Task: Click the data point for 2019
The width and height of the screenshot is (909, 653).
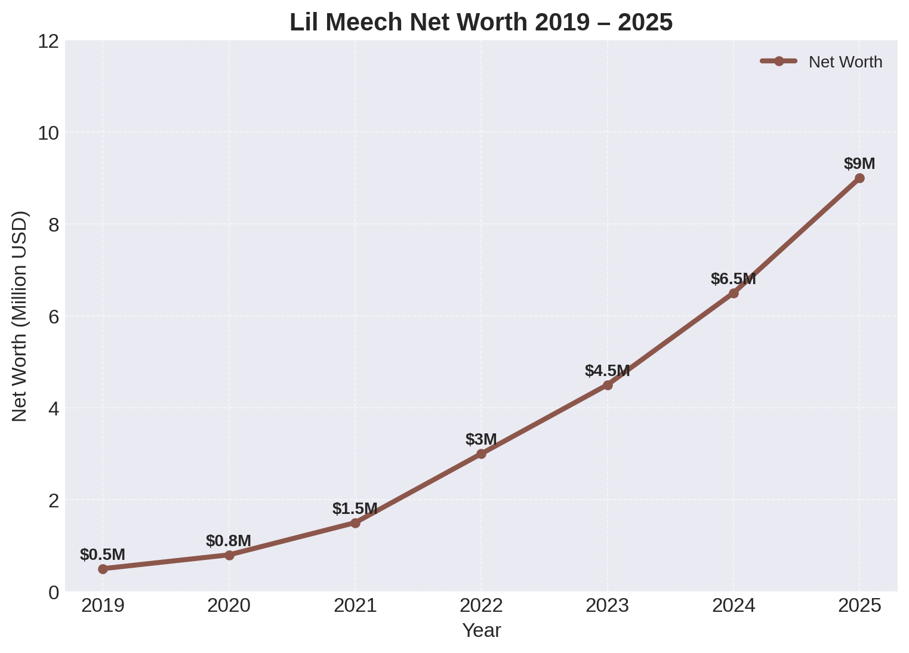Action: point(103,569)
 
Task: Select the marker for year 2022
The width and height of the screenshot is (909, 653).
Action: point(481,454)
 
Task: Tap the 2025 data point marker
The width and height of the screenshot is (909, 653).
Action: point(859,178)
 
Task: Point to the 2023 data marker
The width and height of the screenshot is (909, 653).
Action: point(608,385)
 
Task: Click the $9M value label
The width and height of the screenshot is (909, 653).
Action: point(859,164)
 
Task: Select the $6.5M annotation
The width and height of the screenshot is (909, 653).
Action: point(733,279)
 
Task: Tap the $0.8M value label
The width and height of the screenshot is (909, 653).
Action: point(229,541)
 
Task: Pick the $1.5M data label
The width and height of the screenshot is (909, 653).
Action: point(355,509)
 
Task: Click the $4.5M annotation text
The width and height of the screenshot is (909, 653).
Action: point(608,371)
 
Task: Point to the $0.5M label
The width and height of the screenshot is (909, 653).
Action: point(103,555)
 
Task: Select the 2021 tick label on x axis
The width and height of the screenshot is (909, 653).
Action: point(355,606)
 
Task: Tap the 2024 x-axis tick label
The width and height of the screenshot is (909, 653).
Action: point(734,606)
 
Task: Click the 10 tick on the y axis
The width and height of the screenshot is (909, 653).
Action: point(48,133)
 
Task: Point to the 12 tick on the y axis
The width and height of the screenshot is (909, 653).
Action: point(48,41)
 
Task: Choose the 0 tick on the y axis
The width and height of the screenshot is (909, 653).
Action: point(54,592)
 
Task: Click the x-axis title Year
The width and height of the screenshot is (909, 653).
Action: point(481,630)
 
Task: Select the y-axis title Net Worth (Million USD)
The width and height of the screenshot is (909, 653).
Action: point(20,316)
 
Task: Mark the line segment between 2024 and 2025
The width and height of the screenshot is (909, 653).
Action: point(797,235)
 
